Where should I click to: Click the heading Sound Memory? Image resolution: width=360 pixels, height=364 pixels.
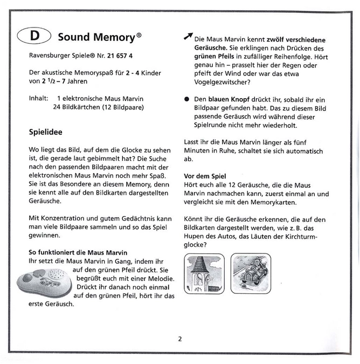pyautogui.click(x=96, y=37)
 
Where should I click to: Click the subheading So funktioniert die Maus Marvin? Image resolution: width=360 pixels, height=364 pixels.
pyautogui.click(x=78, y=252)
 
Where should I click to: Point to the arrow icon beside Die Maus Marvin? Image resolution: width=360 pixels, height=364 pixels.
pyautogui.click(x=187, y=36)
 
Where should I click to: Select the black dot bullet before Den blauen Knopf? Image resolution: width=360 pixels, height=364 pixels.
pyautogui.click(x=186, y=99)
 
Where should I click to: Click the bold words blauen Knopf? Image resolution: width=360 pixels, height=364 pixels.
pyautogui.click(x=226, y=99)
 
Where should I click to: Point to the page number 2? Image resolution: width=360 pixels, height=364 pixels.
pyautogui.click(x=180, y=339)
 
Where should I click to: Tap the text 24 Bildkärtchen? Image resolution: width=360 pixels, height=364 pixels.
pyautogui.click(x=75, y=107)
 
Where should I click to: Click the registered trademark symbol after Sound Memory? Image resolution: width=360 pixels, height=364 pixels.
pyautogui.click(x=139, y=35)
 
